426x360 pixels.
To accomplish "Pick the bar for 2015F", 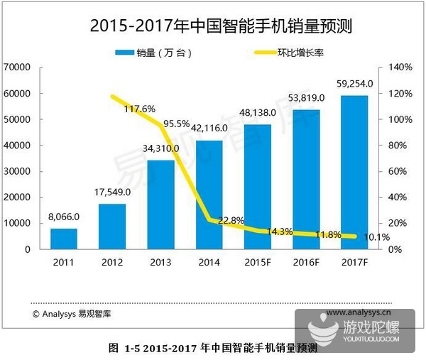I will [x=258, y=187].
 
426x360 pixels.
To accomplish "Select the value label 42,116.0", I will [x=209, y=129].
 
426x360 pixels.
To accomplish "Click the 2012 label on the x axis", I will [x=111, y=264].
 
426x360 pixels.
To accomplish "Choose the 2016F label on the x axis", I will [x=306, y=264].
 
